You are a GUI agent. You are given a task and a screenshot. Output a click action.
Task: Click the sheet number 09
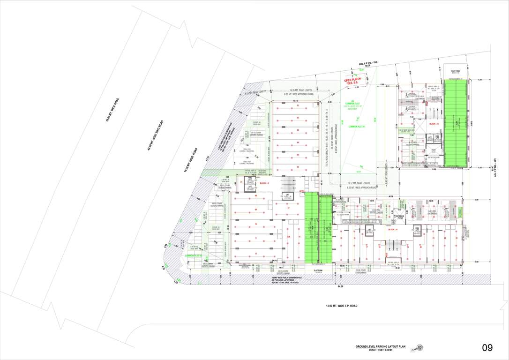(487, 348)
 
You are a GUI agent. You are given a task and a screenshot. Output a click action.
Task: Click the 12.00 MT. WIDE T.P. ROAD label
(342, 306)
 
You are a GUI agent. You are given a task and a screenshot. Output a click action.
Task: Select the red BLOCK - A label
(393, 229)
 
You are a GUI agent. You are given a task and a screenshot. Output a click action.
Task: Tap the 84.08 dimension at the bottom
(339, 286)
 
